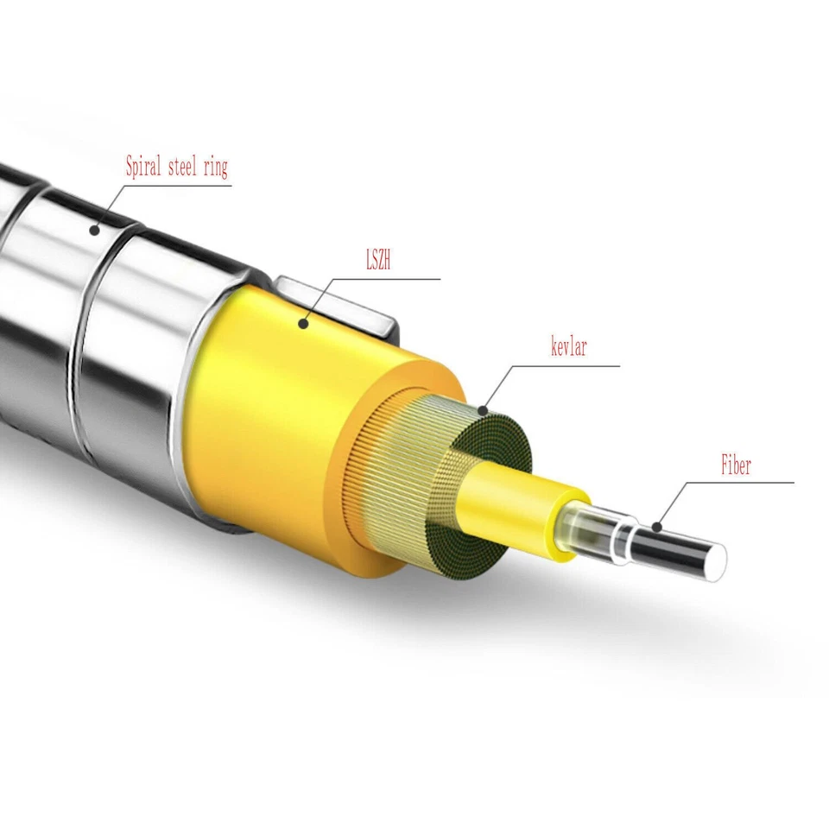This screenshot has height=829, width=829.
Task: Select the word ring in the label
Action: tap(215, 168)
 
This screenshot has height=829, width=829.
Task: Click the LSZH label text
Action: tap(378, 261)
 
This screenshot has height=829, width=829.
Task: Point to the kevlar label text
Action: tap(569, 349)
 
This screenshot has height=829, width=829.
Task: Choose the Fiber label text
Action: tap(736, 466)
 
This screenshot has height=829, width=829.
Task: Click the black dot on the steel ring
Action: tap(96, 230)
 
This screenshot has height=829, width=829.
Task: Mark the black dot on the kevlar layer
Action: tap(484, 409)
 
